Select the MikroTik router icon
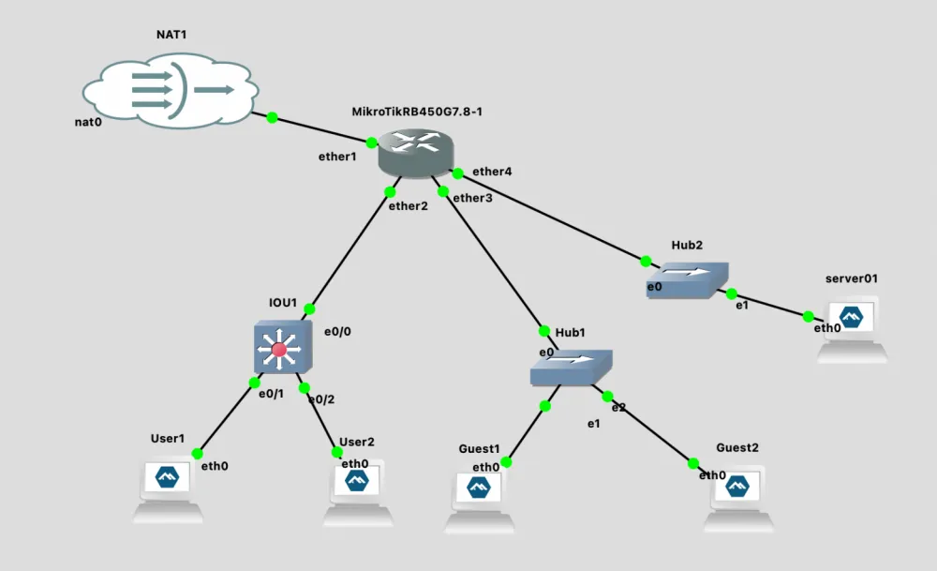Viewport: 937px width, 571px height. (x=415, y=150)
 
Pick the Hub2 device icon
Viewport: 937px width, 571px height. (x=686, y=279)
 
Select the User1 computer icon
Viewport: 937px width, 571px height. (x=168, y=488)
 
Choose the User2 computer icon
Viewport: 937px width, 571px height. (x=357, y=490)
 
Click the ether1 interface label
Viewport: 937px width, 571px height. (x=337, y=157)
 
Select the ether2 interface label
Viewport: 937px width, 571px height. (x=409, y=206)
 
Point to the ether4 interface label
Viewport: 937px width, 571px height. (x=492, y=172)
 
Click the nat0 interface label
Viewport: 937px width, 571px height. (x=88, y=122)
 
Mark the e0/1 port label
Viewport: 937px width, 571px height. (x=271, y=394)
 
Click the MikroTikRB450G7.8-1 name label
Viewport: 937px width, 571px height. (x=416, y=112)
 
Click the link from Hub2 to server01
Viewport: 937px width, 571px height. (x=770, y=304)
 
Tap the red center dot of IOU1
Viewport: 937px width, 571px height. (x=278, y=351)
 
